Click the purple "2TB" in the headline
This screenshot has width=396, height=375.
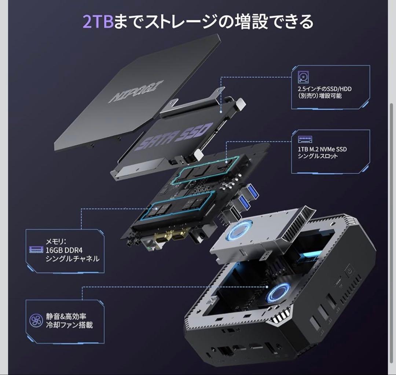click(93, 21)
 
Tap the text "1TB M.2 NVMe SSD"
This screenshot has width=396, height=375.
click(322, 149)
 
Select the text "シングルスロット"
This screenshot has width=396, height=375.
click(318, 157)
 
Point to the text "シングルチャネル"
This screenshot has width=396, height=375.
click(72, 259)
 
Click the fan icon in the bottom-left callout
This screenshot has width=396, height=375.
click(36, 320)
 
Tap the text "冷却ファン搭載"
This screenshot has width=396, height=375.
click(69, 325)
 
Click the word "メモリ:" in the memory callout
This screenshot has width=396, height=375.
click(56, 242)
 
